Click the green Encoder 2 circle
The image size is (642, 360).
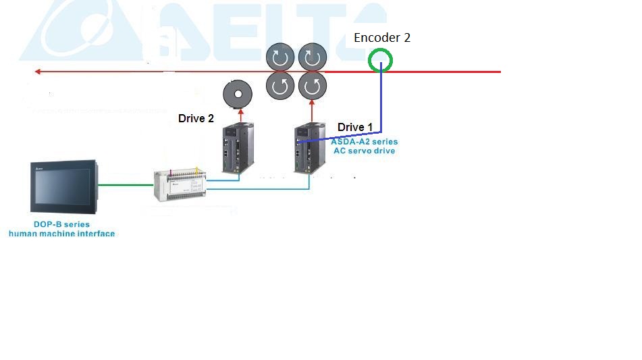[381, 60]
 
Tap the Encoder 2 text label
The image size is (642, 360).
[382, 38]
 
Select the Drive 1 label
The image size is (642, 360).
[355, 127]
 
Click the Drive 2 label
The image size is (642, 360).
[196, 118]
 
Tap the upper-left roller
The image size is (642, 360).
[279, 57]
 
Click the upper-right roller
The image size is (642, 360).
[312, 57]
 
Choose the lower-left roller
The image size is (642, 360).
[279, 86]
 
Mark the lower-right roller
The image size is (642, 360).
[312, 86]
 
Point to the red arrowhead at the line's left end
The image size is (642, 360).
[38, 71]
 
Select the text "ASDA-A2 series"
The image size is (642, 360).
[364, 142]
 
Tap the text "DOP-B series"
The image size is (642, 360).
[61, 224]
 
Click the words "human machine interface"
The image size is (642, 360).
[61, 234]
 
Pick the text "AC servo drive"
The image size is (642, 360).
[364, 151]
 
